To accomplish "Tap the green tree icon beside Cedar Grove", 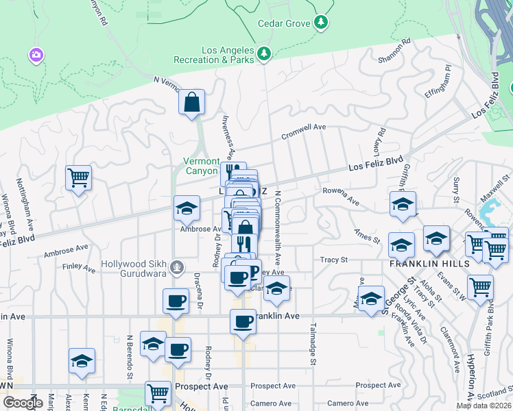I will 320,23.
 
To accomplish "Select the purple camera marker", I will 36,54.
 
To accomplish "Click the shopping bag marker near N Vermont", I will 192,102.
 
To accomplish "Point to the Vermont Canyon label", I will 202,166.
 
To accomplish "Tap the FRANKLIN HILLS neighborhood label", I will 429,264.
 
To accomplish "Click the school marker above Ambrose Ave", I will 187,209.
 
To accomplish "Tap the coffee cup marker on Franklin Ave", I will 242,321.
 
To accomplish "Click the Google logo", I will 23,403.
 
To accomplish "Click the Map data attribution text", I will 484,406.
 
